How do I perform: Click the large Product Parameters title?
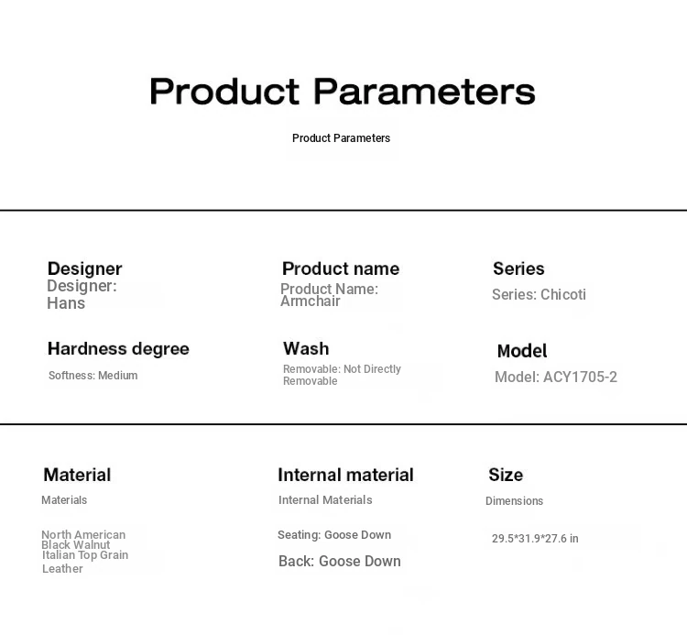coord(343,91)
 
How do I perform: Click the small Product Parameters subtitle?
coord(341,138)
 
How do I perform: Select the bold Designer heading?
coord(84,268)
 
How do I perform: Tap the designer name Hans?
coord(66,303)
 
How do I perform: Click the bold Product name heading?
coord(341,268)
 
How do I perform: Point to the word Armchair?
coord(311,301)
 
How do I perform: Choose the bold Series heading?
coord(518,268)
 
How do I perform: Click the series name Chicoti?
coord(563,294)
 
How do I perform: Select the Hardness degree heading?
coord(118,349)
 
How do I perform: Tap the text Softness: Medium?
coord(93,376)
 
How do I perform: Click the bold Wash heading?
coord(306,349)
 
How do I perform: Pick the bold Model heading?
coord(522,351)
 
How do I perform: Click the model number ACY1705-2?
coord(580,377)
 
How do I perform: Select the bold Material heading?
coord(77,475)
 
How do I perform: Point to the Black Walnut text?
coord(75,545)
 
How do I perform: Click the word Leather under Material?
coord(62,569)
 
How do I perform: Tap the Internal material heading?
coord(345,475)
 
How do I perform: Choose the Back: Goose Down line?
coord(340,562)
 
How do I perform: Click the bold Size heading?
coord(506,475)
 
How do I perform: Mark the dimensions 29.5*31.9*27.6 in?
coord(535,539)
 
